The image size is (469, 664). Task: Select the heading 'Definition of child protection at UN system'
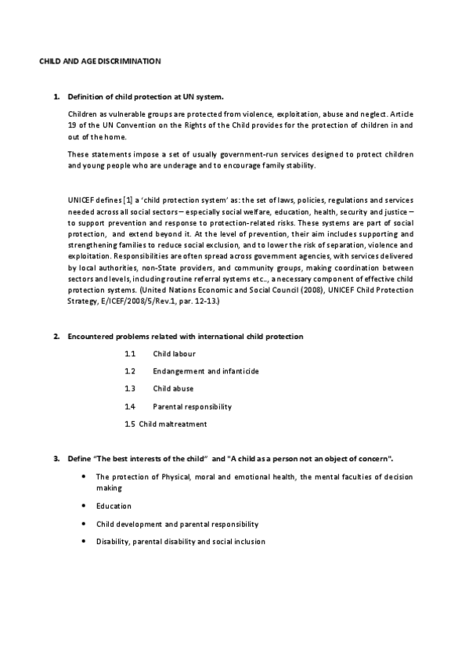[146, 98]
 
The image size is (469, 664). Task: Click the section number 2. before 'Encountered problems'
[56, 337]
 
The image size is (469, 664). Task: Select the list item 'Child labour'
[175, 354]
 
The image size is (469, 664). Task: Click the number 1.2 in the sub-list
[130, 371]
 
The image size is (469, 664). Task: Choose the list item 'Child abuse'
[173, 389]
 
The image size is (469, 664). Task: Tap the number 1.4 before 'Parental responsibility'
[130, 406]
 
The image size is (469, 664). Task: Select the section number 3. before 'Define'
[56, 457]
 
